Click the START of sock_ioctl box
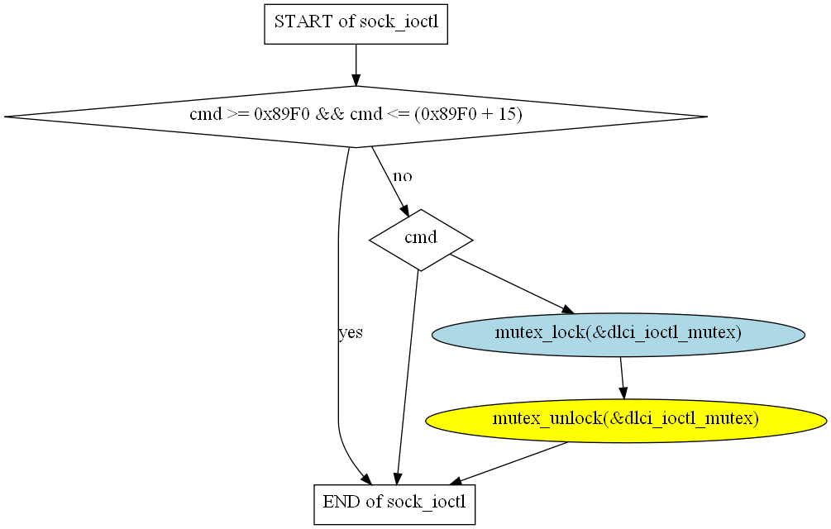[356, 24]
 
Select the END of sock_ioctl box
[394, 504]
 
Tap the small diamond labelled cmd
[421, 240]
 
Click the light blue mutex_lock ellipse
[618, 334]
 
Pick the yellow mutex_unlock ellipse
[626, 421]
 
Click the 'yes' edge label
[351, 332]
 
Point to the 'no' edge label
[402, 176]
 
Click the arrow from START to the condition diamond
[356, 64]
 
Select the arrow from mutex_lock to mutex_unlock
[622, 378]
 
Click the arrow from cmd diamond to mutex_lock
[512, 284]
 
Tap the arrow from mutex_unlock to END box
[509, 463]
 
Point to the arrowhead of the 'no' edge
[404, 210]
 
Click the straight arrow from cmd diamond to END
[407, 378]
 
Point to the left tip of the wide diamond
[4, 117]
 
